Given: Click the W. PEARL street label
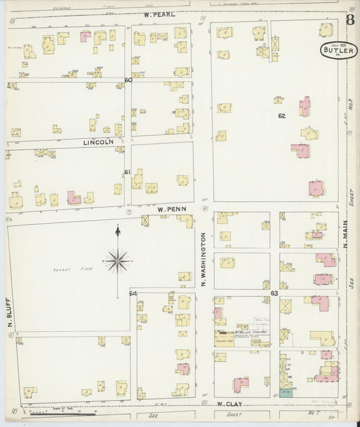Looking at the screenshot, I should point(159,14).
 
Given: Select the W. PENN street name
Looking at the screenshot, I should point(171,209).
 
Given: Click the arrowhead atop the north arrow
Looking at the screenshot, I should point(118,230).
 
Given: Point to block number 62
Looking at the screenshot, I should point(282,116).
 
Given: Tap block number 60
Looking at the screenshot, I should point(128,80).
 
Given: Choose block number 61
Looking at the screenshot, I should point(127,172).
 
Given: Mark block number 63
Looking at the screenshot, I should point(274,293).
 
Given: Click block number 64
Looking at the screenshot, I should point(133,293).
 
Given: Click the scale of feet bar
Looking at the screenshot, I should point(68,410).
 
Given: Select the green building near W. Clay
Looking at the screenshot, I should point(286,391).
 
